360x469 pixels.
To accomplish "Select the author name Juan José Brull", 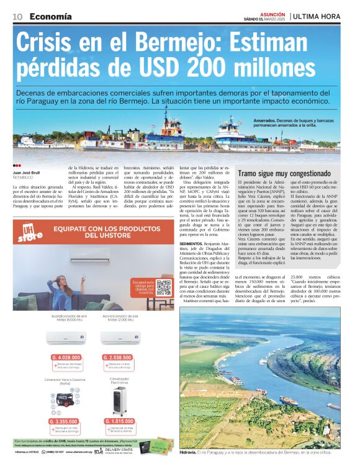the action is pos(27,172).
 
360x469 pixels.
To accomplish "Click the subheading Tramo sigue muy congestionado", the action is pos(285,174).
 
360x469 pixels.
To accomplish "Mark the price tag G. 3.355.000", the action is pos(63,421).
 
